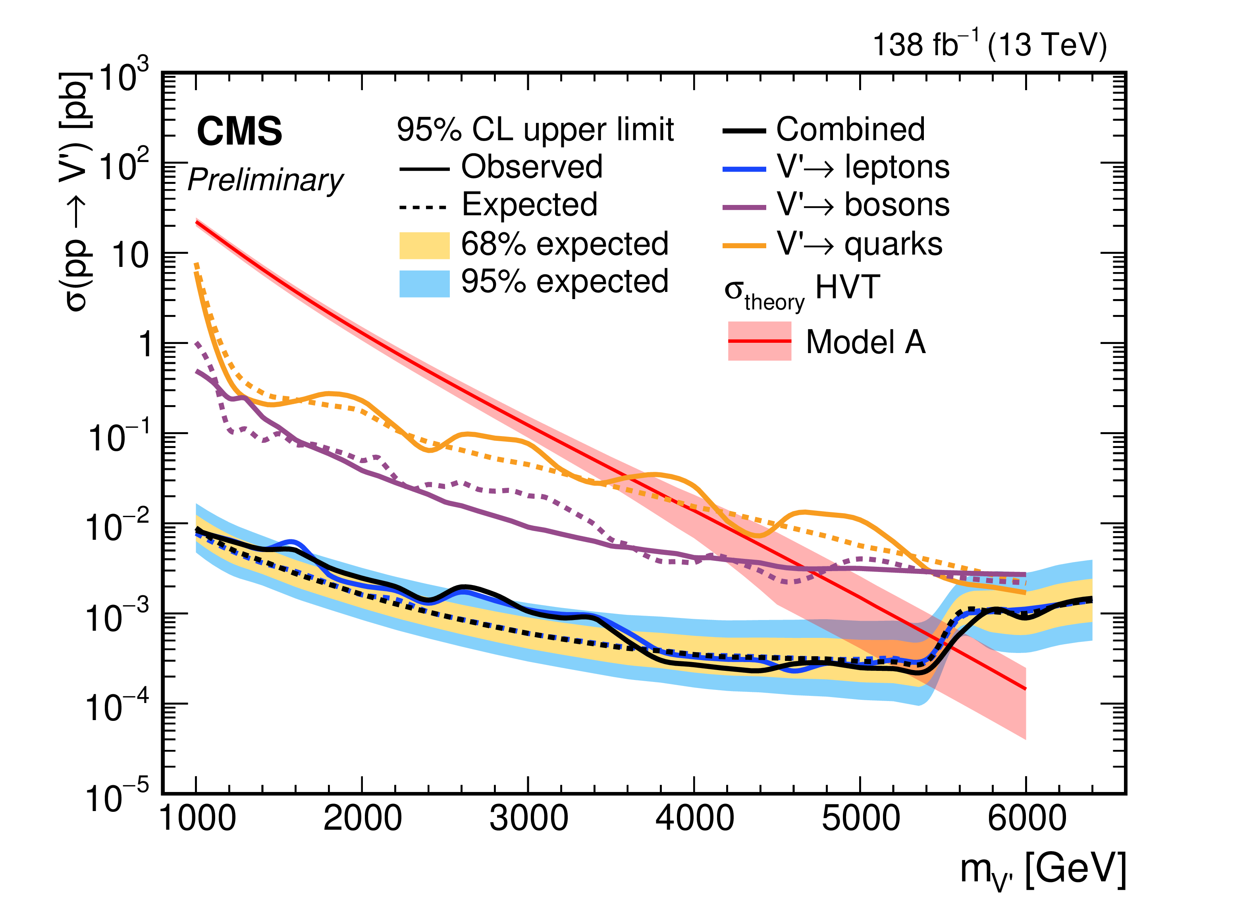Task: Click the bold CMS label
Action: (x=239, y=131)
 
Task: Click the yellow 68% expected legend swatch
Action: (x=424, y=245)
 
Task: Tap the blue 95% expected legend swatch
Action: (x=424, y=284)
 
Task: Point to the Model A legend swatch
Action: (x=759, y=341)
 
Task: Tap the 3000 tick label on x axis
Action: (x=528, y=818)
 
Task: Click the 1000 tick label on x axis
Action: (x=197, y=818)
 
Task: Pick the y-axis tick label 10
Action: (x=130, y=256)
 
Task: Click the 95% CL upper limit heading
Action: (x=535, y=129)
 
